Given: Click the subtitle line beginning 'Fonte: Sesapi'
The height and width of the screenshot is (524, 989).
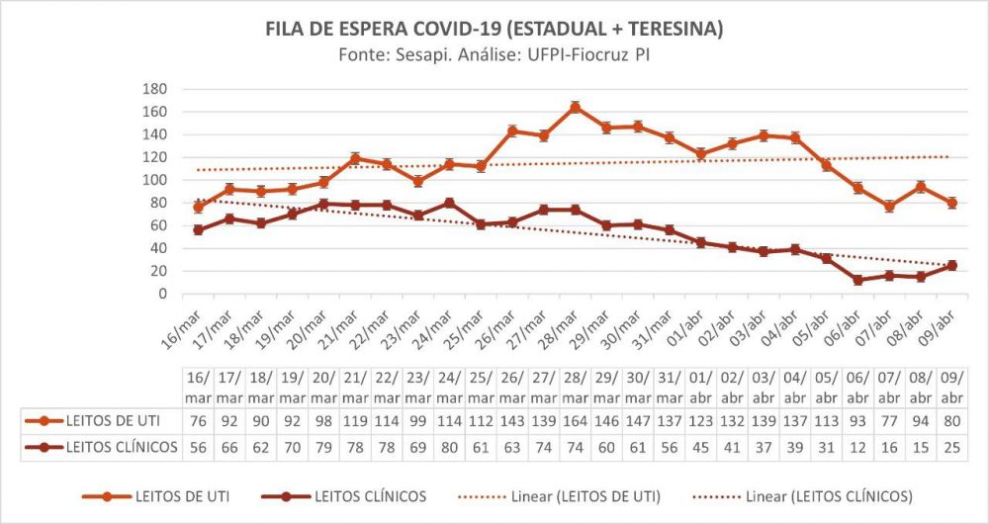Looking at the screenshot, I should pos(494,56).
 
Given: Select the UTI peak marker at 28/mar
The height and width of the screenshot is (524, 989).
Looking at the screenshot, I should pos(576,107).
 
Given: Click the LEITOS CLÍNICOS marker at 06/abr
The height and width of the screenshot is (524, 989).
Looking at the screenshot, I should pos(858,280).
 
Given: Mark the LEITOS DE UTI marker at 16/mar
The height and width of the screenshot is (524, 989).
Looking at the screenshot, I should pos(199,207).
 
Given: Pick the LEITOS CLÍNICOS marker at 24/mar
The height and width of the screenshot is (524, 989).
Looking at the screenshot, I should pos(450,203).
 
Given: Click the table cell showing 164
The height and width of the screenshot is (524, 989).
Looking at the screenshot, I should pos(575,420).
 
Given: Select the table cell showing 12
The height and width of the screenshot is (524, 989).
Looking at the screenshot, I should pos(858,446).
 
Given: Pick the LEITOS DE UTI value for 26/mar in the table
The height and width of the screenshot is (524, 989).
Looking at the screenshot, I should pos(512,420).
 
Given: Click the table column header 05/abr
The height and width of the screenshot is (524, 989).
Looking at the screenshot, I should pos(827,387).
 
